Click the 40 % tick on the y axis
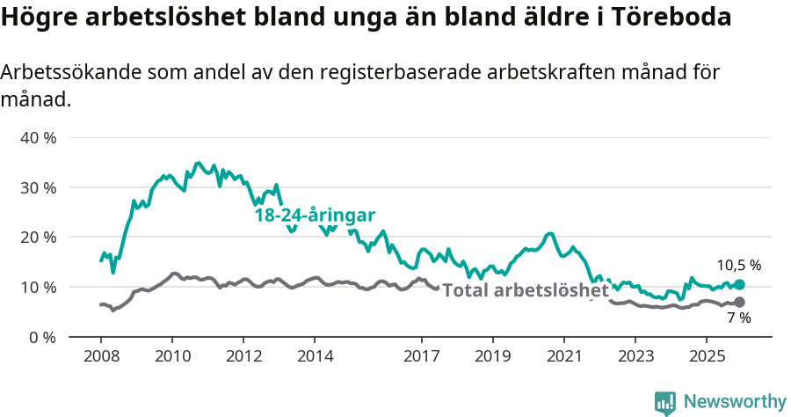[x=39, y=138]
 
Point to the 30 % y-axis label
[x=39, y=187]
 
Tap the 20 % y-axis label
[x=39, y=238]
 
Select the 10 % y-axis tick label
[x=39, y=287]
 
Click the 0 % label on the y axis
[x=43, y=337]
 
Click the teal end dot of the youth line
[x=739, y=285]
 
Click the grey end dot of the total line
[x=739, y=303]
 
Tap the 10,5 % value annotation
[x=738, y=265]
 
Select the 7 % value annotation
[x=738, y=318]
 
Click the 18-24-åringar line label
[x=315, y=216]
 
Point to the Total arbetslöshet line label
[x=525, y=290]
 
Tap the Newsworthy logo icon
[x=665, y=402]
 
